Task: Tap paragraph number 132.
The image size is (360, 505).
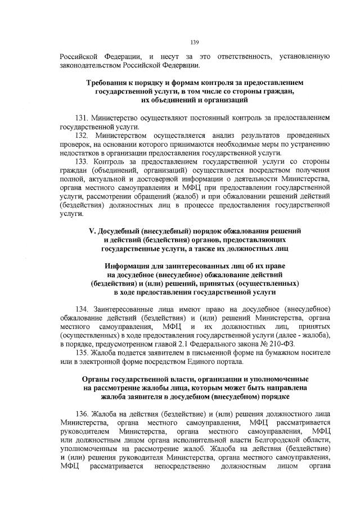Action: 82,136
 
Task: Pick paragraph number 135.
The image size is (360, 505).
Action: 82,344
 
